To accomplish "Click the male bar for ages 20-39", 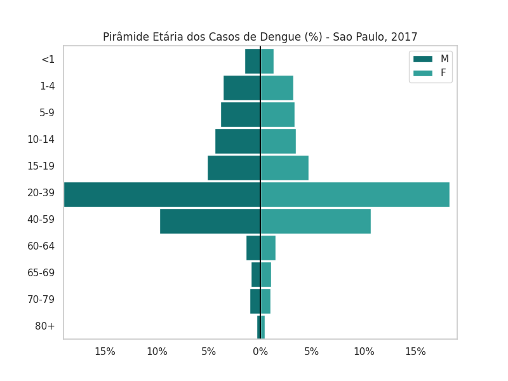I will pos(162,194).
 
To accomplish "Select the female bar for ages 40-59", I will pos(316,221).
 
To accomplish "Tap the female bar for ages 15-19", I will pos(284,168).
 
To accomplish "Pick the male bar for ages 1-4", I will pos(242,88).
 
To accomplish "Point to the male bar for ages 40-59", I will pos(210,221).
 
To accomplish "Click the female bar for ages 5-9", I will pos(277,114).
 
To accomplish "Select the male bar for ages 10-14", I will pos(237,141).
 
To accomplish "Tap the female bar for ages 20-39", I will pos(355,194).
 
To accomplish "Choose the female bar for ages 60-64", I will pos(268,248).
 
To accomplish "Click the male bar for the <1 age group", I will pos(253,61).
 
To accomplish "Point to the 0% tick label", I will pos(260,351).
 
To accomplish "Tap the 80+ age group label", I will pos(45,326).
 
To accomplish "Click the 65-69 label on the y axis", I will pos(41,272).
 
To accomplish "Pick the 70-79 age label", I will pos(41,299).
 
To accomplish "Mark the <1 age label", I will pos(48,59).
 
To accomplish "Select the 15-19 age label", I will pos(41,166).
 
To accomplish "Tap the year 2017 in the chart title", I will pos(404,37).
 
